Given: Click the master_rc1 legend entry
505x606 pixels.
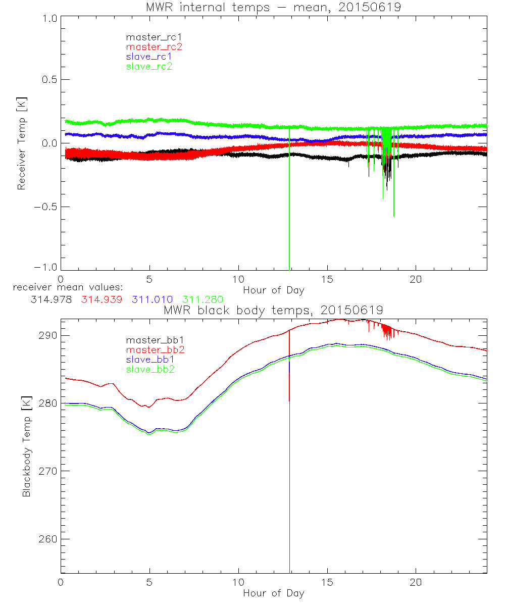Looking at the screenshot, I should click(x=149, y=37).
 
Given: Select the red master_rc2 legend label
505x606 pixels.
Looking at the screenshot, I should click(x=154, y=46).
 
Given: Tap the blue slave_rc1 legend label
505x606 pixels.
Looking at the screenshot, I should click(x=149, y=57).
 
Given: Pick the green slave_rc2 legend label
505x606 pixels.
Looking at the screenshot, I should click(x=149, y=66).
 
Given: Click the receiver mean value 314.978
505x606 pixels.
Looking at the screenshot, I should click(x=51, y=299).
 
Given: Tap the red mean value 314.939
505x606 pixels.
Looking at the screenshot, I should click(x=102, y=299).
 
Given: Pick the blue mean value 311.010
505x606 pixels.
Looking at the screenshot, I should click(x=153, y=299).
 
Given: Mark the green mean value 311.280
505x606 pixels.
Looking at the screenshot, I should click(x=203, y=299).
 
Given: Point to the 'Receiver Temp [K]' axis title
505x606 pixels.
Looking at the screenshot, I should click(x=22, y=143).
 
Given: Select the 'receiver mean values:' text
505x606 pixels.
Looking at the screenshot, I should click(x=65, y=287).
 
